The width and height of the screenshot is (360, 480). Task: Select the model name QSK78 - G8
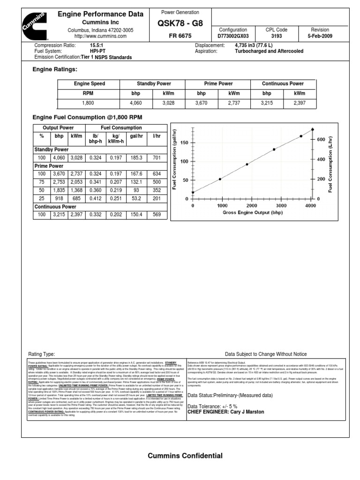tap(180, 24)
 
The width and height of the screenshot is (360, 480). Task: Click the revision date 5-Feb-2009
tap(320, 36)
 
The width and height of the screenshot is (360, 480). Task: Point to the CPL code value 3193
tap(277, 36)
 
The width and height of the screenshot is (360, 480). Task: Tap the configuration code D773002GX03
tap(233, 36)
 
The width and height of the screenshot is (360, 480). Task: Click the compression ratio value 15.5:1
tap(97, 45)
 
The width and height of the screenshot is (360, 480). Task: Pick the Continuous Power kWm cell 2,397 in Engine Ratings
tap(300, 102)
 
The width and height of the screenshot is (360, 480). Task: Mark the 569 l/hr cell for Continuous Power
tap(156, 214)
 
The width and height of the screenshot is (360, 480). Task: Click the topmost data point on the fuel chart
tap(313, 129)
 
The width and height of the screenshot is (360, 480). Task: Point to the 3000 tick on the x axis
tap(281, 205)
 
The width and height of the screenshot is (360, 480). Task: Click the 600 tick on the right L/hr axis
tap(321, 140)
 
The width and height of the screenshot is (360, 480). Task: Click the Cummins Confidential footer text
tap(185, 456)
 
